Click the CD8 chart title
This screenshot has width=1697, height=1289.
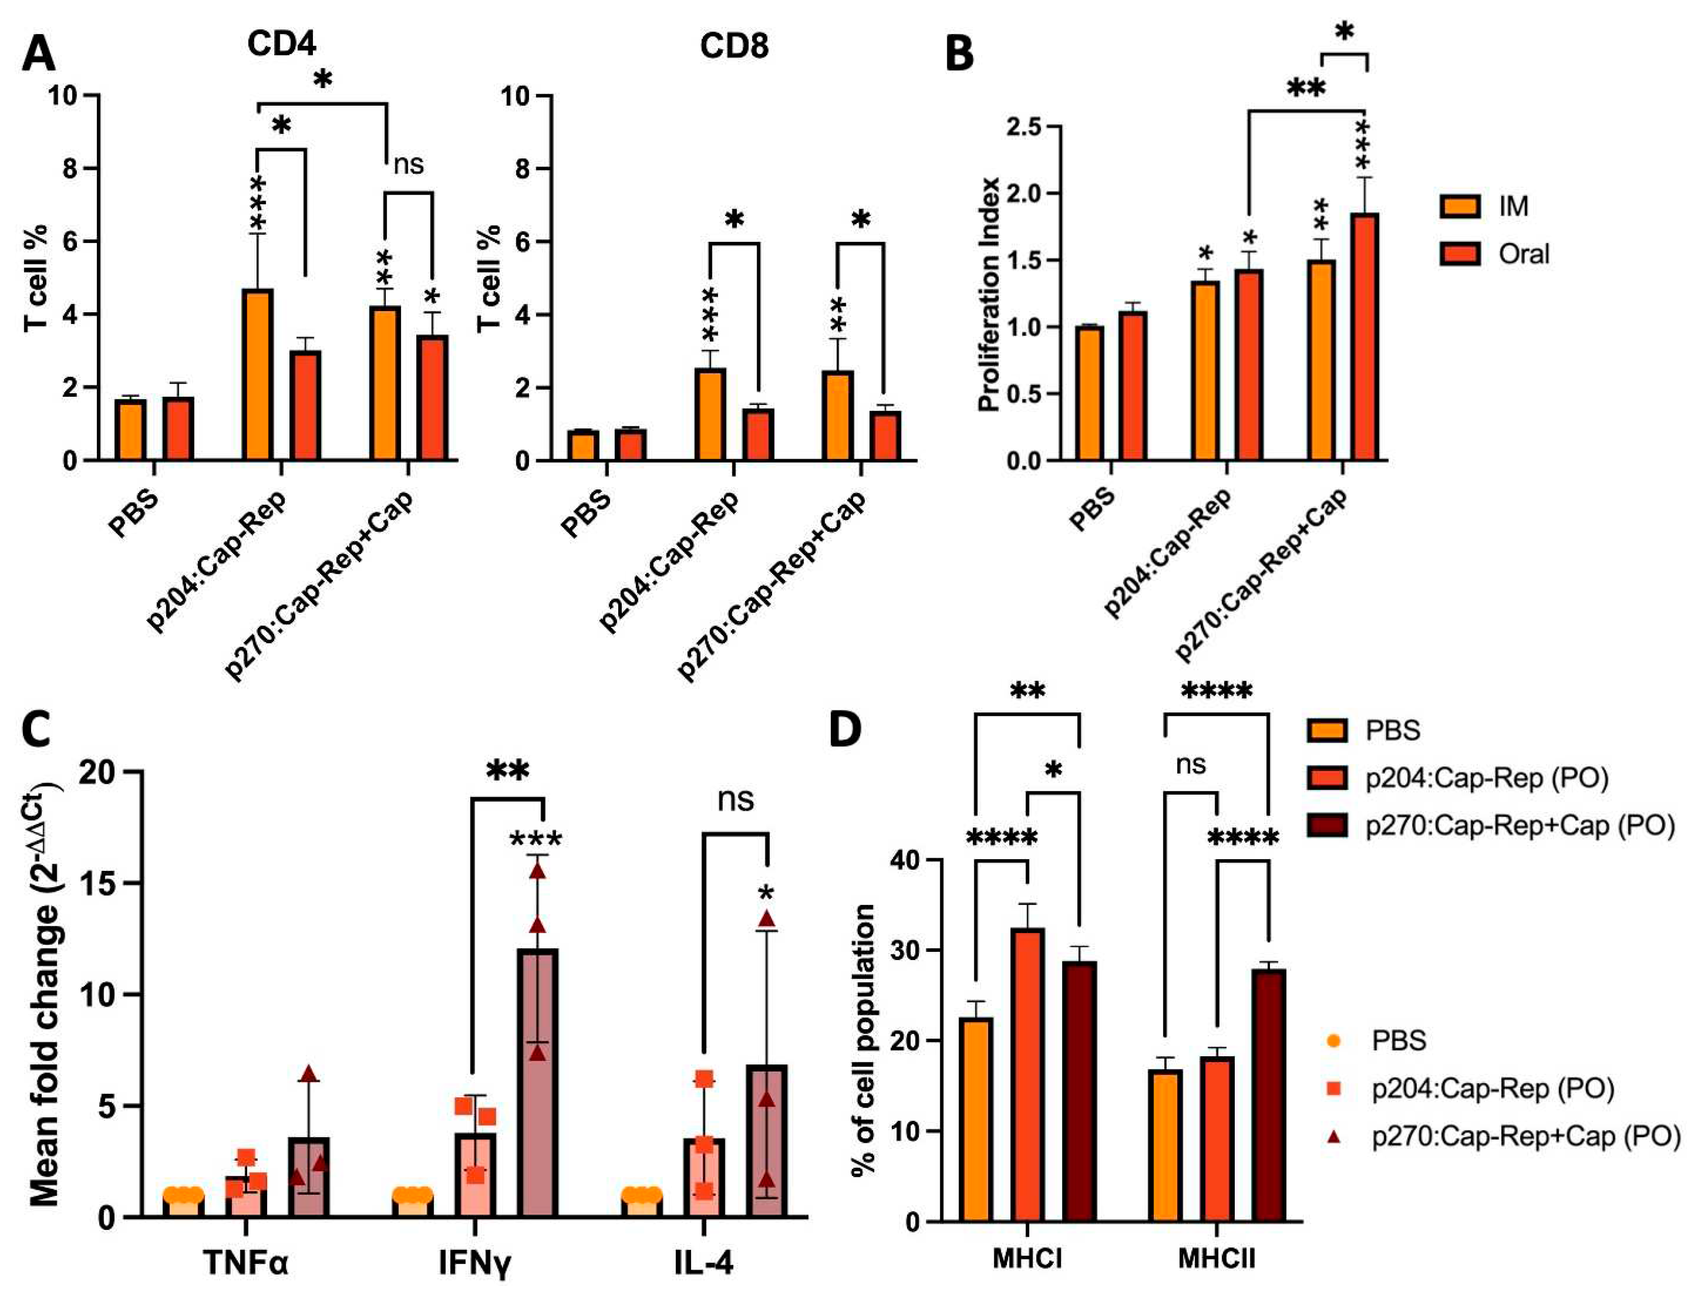(734, 46)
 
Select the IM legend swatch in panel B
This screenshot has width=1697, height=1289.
(1460, 206)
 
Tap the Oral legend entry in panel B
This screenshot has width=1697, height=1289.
(1524, 254)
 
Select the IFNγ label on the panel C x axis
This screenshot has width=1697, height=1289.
(474, 1261)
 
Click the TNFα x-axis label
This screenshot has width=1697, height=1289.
(246, 1261)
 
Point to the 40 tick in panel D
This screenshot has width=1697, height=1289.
(906, 860)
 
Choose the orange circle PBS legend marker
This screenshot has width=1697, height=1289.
(1334, 1041)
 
